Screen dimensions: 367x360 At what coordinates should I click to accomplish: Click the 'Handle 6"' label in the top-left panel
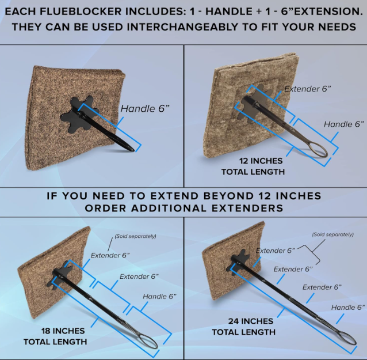tap(145, 108)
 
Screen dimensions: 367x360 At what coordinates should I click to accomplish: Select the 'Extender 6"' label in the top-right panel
tap(308, 89)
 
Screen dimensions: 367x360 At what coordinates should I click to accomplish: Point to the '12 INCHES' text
tap(261, 161)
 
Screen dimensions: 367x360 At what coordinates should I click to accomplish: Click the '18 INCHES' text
tap(63, 331)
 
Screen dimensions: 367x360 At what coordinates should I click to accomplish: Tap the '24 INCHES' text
tap(251, 321)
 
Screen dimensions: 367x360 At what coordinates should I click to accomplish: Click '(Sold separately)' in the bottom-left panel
tap(135, 236)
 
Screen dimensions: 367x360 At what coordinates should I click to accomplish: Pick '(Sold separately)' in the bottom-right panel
tap(333, 234)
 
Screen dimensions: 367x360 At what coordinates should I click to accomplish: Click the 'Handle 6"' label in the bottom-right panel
tap(348, 307)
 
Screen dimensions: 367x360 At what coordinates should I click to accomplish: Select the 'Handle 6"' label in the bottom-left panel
tap(159, 297)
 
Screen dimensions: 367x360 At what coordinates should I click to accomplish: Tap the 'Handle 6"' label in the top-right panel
tap(344, 124)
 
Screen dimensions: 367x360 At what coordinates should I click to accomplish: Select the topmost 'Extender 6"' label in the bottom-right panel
tap(275, 251)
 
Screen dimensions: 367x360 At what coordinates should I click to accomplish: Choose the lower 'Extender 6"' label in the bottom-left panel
tap(139, 276)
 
